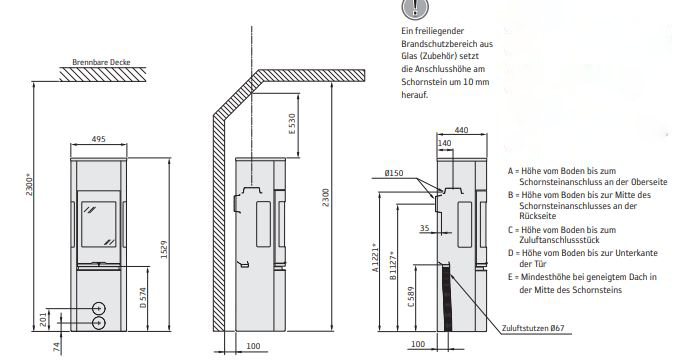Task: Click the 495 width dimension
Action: coord(98,139)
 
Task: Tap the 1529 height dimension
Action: coord(164,249)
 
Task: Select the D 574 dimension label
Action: coord(143,297)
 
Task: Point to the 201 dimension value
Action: coord(43,319)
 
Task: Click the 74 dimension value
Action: coord(56,347)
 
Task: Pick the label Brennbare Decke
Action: coord(101,62)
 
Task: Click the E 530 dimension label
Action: coord(292,124)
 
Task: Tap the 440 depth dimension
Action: coord(461,130)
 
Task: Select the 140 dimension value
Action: coord(444,143)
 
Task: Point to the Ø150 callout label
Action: coord(394,173)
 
